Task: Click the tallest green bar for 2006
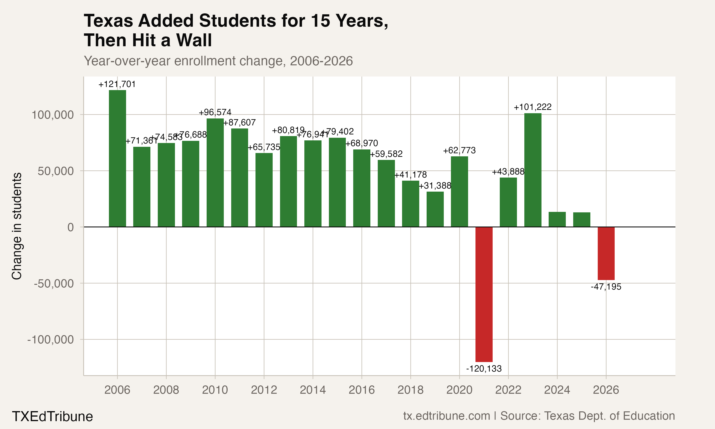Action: pyautogui.click(x=117, y=158)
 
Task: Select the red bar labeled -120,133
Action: pyautogui.click(x=484, y=294)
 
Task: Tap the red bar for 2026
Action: pyautogui.click(x=606, y=253)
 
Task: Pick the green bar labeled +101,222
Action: pyautogui.click(x=533, y=170)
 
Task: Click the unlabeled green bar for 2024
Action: pyautogui.click(x=557, y=220)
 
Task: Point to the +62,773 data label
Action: pyautogui.click(x=459, y=150)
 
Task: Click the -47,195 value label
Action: pyautogui.click(x=606, y=287)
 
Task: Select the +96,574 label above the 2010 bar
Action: pyautogui.click(x=215, y=112)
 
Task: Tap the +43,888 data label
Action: pyautogui.click(x=508, y=172)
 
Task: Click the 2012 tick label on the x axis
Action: pyautogui.click(x=264, y=390)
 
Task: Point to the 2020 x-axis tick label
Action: pyautogui.click(x=459, y=390)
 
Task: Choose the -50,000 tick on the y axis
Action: pyautogui.click(x=54, y=284)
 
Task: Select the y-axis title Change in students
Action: pyautogui.click(x=17, y=226)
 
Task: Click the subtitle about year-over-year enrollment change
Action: pyautogui.click(x=218, y=61)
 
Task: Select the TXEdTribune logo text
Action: pyautogui.click(x=52, y=416)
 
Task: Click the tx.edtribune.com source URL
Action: pyautogui.click(x=446, y=416)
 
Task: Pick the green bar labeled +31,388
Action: pyautogui.click(x=435, y=209)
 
